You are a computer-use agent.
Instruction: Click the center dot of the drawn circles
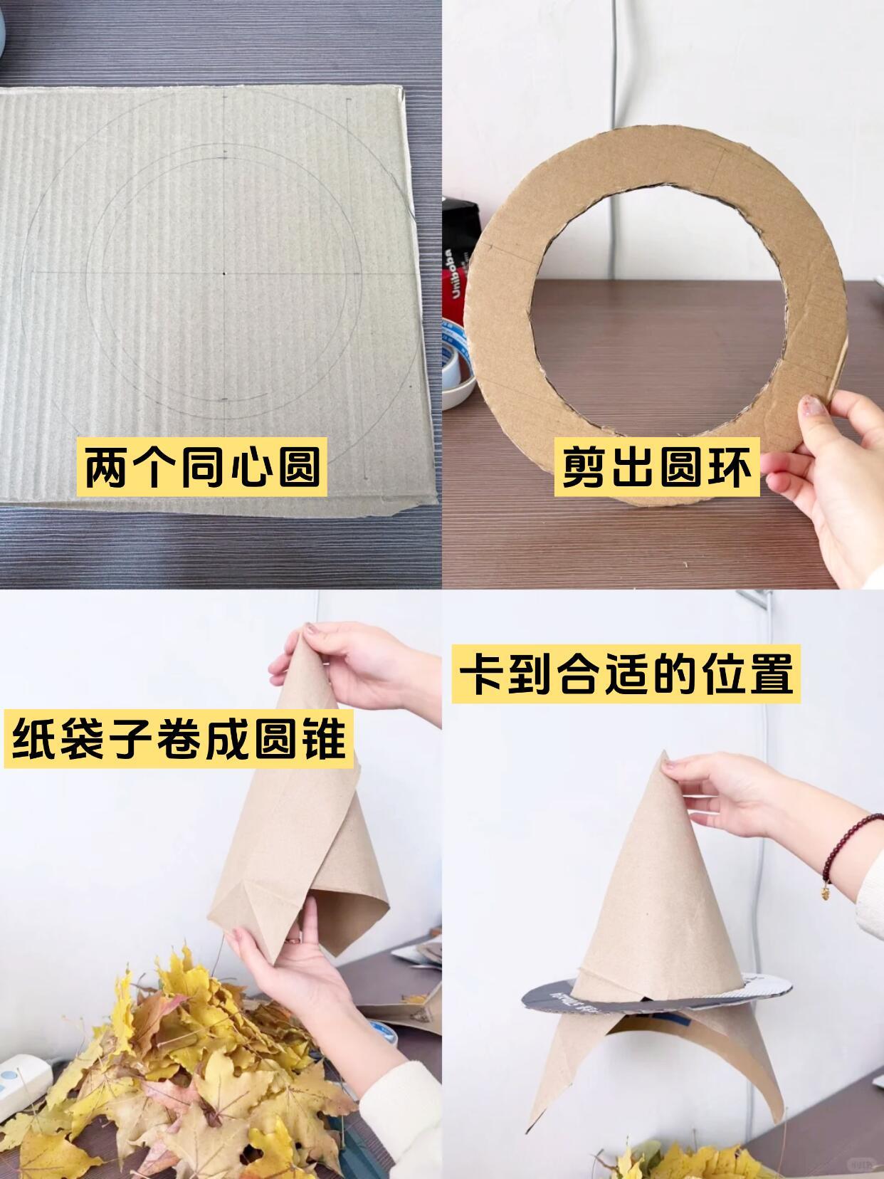point(223,275)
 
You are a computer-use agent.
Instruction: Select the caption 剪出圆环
point(657,467)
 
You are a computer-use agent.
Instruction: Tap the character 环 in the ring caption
point(728,467)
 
